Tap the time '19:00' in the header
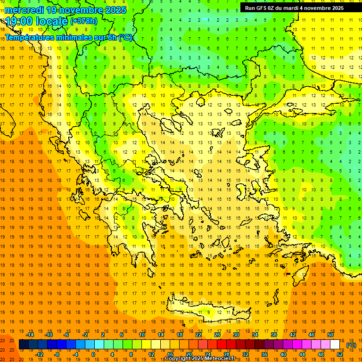click(19, 21)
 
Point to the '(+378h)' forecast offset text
click(84, 21)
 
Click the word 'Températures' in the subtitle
click(30, 37)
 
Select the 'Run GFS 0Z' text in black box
click(262, 8)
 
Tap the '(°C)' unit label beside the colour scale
click(351, 345)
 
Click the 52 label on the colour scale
click(340, 354)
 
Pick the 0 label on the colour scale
click(93, 354)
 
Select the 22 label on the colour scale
click(198, 335)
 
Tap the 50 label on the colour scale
click(330, 335)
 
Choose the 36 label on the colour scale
click(264, 354)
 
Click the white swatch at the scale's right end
click(335, 345)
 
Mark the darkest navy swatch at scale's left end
click(24, 345)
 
